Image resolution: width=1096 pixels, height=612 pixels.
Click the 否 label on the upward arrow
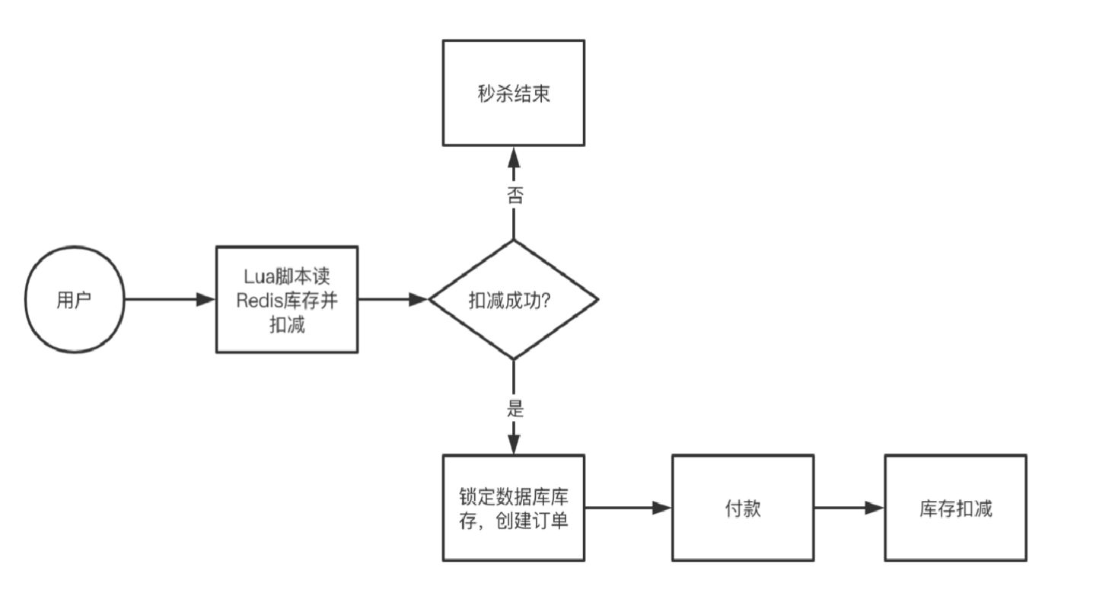tap(515, 195)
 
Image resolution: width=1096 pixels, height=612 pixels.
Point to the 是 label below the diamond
tap(515, 408)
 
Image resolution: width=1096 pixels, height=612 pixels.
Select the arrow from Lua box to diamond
tap(394, 299)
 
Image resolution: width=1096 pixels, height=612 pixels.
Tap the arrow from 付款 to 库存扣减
tap(849, 508)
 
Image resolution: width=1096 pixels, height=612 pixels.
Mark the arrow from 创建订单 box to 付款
tap(628, 508)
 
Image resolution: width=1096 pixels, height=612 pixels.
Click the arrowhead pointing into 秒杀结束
tap(514, 158)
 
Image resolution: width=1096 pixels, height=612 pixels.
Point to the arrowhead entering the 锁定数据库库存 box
tap(514, 443)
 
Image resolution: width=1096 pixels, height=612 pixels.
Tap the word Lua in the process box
tap(259, 277)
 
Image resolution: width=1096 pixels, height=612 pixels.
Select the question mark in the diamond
tap(546, 300)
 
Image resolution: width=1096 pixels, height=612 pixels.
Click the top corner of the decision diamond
tap(514, 241)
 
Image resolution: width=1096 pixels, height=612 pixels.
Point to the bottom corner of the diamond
tap(514, 359)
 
